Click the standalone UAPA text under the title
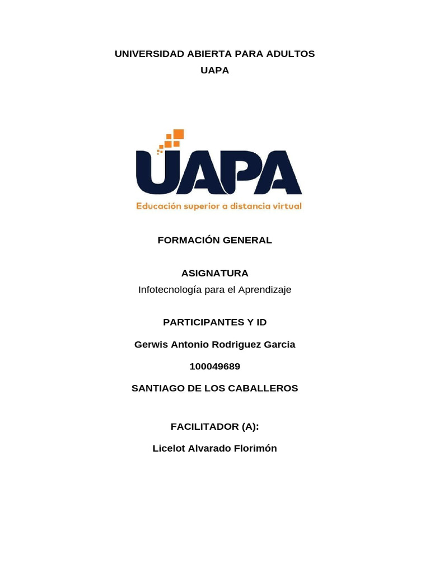[x=215, y=71]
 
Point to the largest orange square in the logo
[x=179, y=134]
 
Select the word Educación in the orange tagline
[x=159, y=206]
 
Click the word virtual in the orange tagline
[x=287, y=206]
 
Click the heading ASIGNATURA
[x=215, y=273]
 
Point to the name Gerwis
[x=151, y=344]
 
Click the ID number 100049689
[x=215, y=367]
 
